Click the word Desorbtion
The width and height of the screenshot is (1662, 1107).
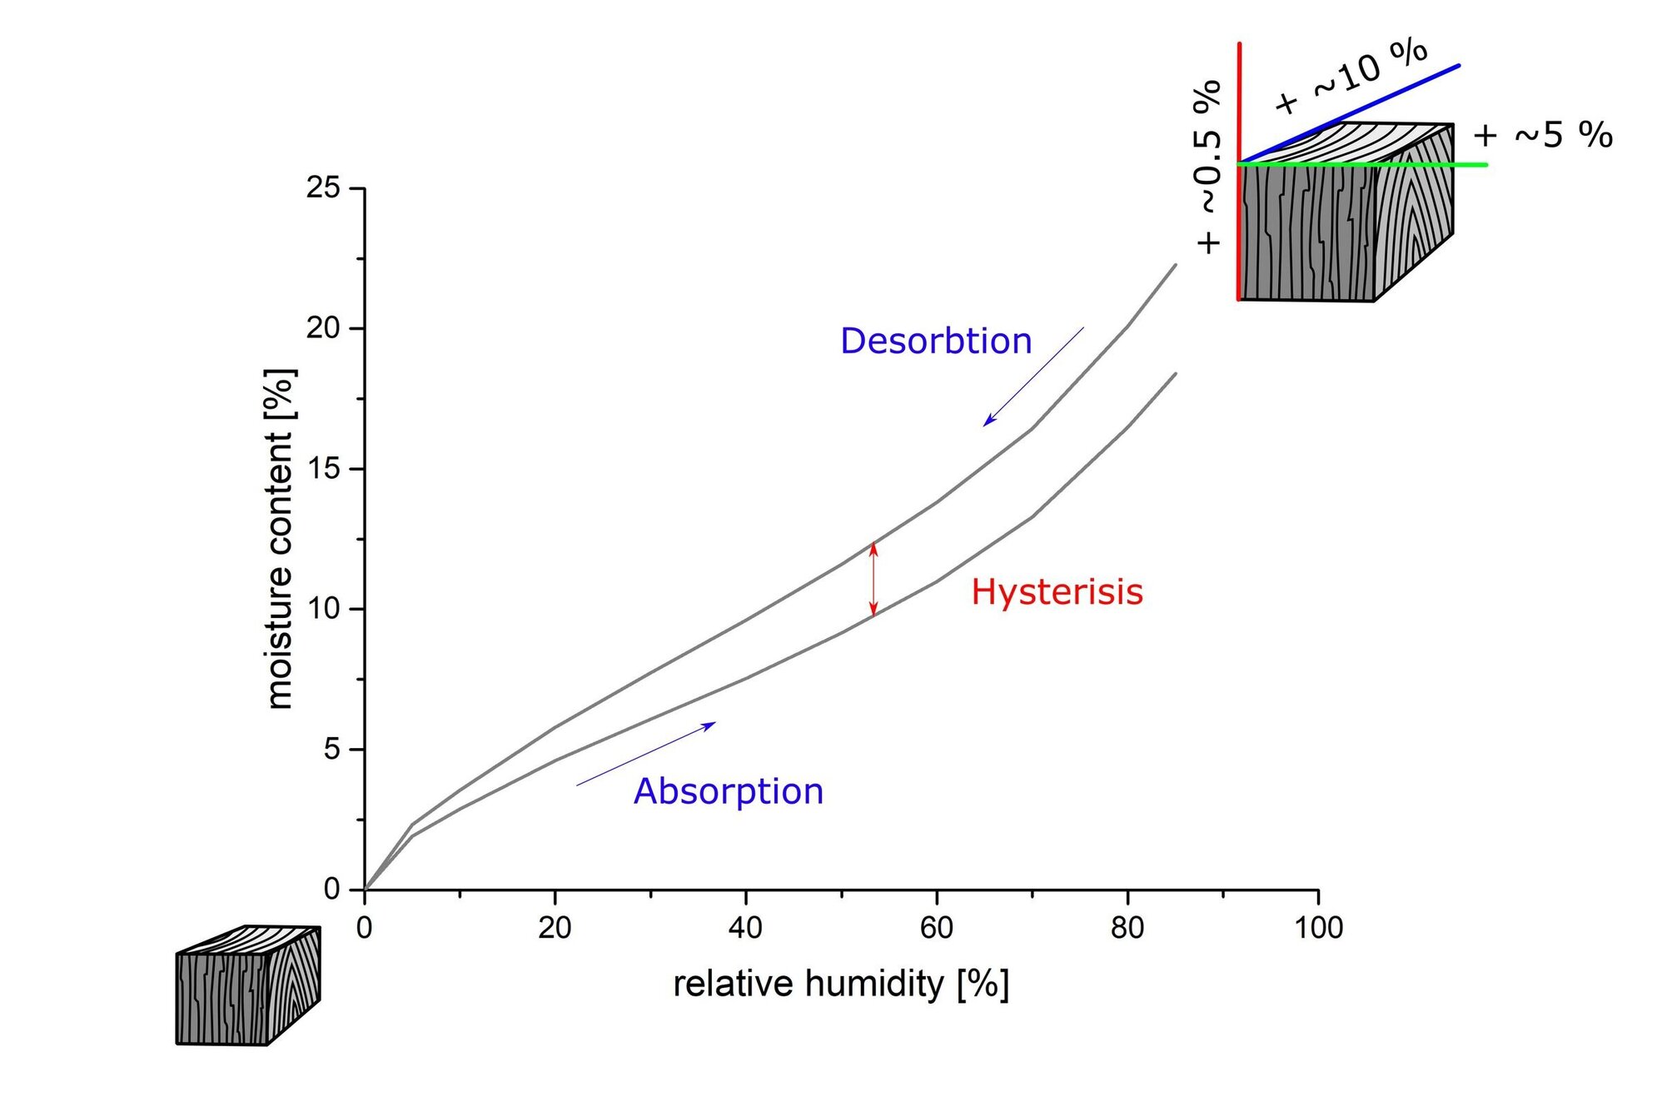coord(935,342)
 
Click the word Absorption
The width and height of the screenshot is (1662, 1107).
coord(729,791)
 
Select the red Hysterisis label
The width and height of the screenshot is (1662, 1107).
coord(1057,592)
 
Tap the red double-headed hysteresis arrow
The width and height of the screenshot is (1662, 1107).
coord(873,579)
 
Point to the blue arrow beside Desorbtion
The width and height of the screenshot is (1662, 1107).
coord(1033,376)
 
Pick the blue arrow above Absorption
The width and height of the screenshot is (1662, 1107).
coord(645,754)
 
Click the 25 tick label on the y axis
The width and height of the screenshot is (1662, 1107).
coord(323,187)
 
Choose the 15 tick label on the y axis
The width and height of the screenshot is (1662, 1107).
coord(323,469)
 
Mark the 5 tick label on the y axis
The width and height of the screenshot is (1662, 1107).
coord(332,750)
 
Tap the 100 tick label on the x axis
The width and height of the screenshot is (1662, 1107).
coord(1318,928)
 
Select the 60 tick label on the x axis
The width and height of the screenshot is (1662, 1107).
coord(937,928)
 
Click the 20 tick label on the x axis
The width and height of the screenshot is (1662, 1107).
coord(555,928)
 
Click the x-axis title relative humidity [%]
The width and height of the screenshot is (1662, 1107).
coord(841,985)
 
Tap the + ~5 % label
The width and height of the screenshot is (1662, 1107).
coord(1542,135)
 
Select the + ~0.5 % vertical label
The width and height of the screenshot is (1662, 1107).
coord(1208,167)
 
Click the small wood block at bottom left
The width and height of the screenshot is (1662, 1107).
coord(248,985)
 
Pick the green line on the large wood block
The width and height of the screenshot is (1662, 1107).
coord(1416,165)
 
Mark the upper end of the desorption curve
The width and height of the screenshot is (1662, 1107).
coord(1175,266)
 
